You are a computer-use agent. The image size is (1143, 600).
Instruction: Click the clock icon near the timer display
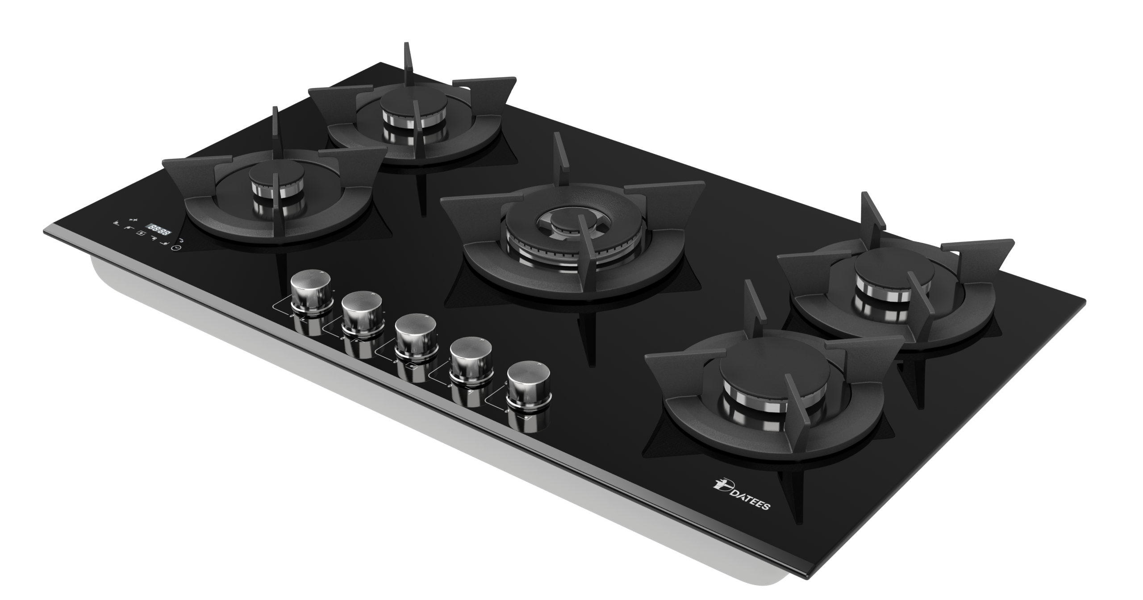click(x=178, y=249)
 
